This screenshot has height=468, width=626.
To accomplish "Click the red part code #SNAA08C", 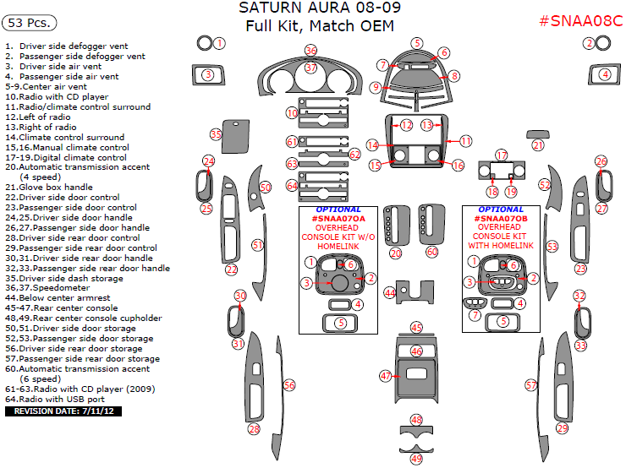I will [x=580, y=19].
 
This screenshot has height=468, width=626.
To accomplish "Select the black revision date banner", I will [x=63, y=411].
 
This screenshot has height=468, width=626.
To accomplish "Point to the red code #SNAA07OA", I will [x=338, y=218].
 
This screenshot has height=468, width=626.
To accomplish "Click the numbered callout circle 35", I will [x=216, y=134].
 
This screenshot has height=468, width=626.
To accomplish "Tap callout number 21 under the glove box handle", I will [x=538, y=145].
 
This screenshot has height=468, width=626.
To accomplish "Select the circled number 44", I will [x=389, y=292].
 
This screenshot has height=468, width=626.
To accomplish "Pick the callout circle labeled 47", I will [x=386, y=375].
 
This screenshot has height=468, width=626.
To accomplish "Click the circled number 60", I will [x=432, y=252].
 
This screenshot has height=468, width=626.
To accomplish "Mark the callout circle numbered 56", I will [x=289, y=385].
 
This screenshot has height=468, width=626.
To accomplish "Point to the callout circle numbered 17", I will [x=502, y=155].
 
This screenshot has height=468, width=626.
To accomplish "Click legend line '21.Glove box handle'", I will [x=49, y=188].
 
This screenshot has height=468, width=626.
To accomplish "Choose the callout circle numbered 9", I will [x=375, y=87].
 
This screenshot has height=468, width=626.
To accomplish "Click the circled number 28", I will [x=254, y=429].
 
